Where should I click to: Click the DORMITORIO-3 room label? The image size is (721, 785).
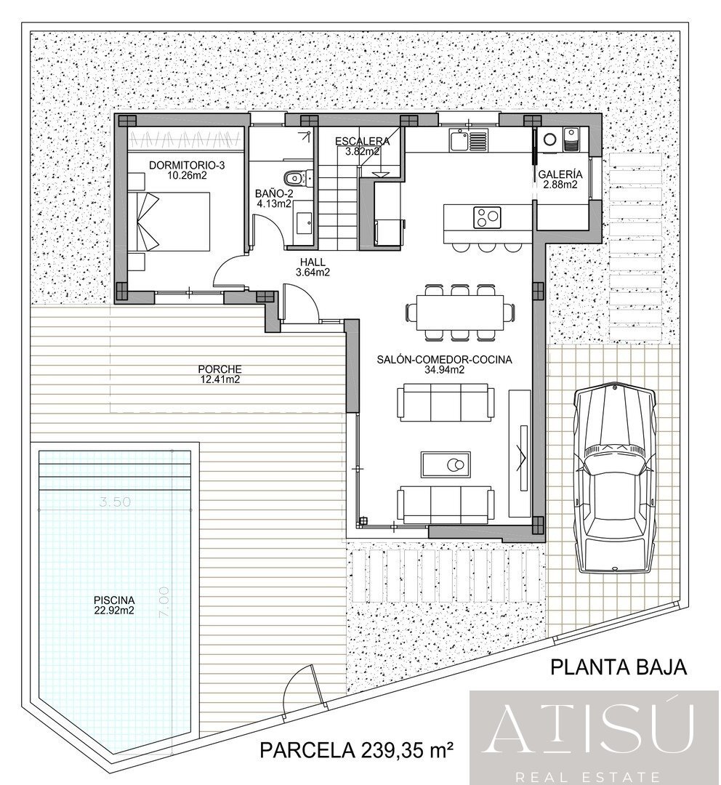187,170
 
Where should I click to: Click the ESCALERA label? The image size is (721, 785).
362,146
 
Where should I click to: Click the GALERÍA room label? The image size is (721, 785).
560,180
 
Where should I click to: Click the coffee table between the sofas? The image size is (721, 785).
446,464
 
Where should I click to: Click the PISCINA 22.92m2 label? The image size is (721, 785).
114,605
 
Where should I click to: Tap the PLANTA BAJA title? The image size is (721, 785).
618,667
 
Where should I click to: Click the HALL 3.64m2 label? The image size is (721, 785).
314,268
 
